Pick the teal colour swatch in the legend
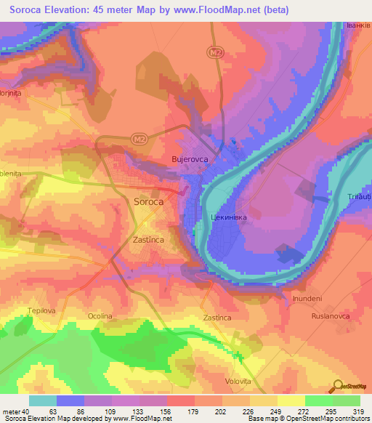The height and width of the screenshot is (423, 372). click(43, 400)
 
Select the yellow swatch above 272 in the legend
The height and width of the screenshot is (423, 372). click(291, 400)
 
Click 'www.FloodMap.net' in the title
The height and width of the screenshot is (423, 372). click(220, 10)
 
